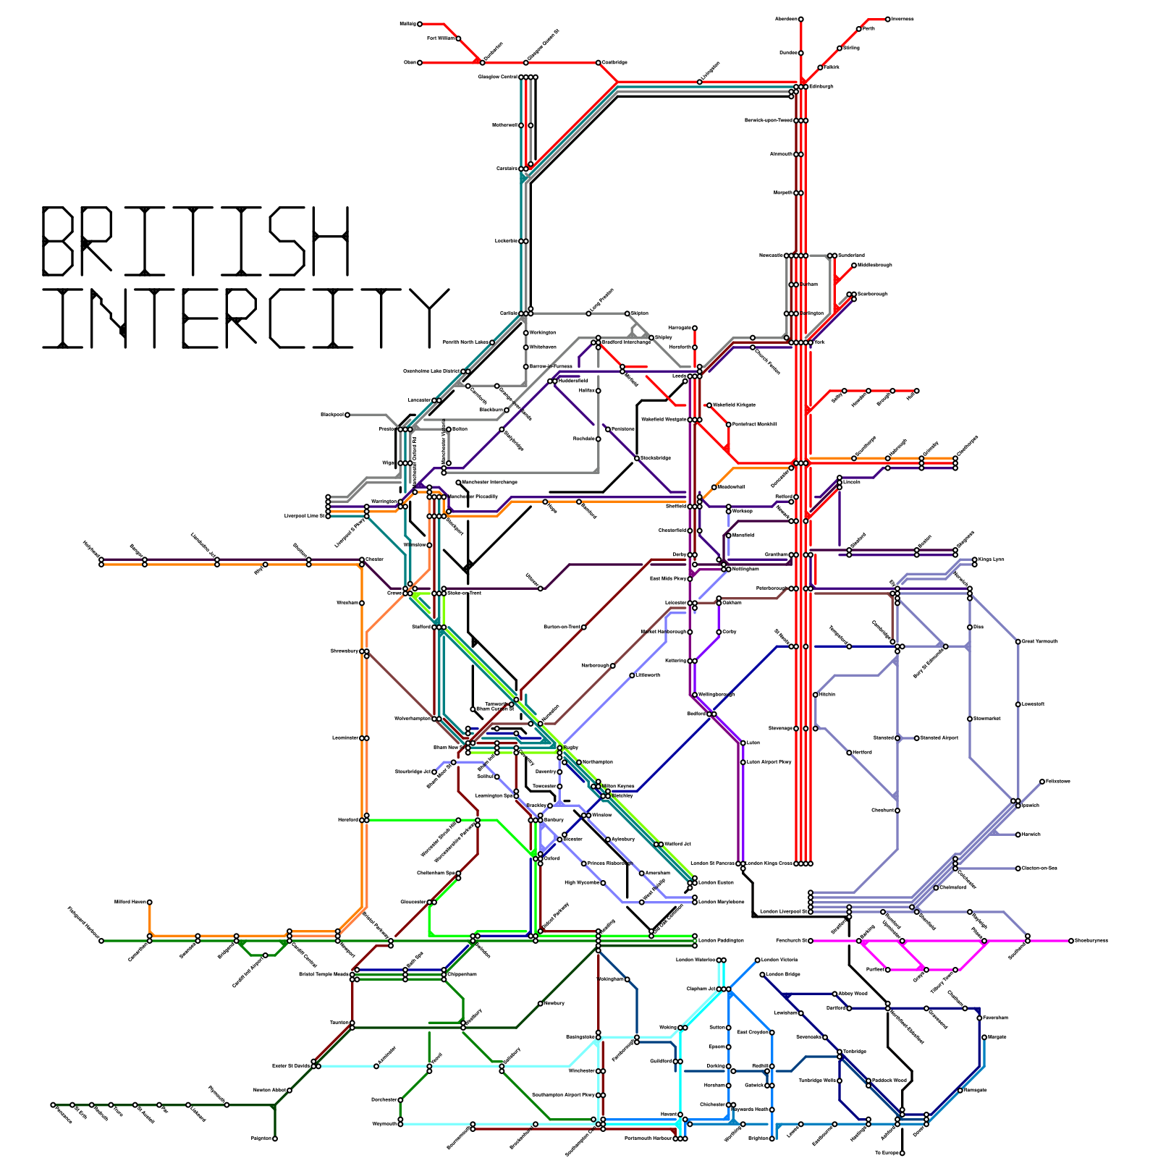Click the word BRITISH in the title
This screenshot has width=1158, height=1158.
[x=195, y=240]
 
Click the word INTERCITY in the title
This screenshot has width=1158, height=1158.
[x=245, y=318]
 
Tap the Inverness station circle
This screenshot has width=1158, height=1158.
[x=888, y=20]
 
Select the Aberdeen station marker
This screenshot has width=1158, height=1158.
[x=800, y=20]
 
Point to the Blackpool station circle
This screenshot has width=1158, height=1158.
[x=347, y=415]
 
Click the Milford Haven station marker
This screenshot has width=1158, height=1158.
[x=150, y=903]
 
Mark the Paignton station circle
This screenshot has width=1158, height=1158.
[x=275, y=1138]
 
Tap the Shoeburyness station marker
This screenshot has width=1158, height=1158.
[x=1071, y=941]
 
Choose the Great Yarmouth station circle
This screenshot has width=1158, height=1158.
[x=1018, y=642]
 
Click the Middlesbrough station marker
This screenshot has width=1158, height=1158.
[x=854, y=266]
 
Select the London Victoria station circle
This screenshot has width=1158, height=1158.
[x=757, y=960]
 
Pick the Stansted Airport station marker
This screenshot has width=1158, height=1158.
[x=917, y=738]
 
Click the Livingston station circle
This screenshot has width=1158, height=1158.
[x=699, y=82]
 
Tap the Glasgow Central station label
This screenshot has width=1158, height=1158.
[x=498, y=77]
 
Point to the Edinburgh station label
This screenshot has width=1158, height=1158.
[x=821, y=87]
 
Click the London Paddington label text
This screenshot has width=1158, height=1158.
[x=721, y=941]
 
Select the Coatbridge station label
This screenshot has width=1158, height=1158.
[x=614, y=63]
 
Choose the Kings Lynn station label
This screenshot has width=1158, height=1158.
[x=992, y=559]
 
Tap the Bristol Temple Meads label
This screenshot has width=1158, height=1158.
[x=324, y=974]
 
